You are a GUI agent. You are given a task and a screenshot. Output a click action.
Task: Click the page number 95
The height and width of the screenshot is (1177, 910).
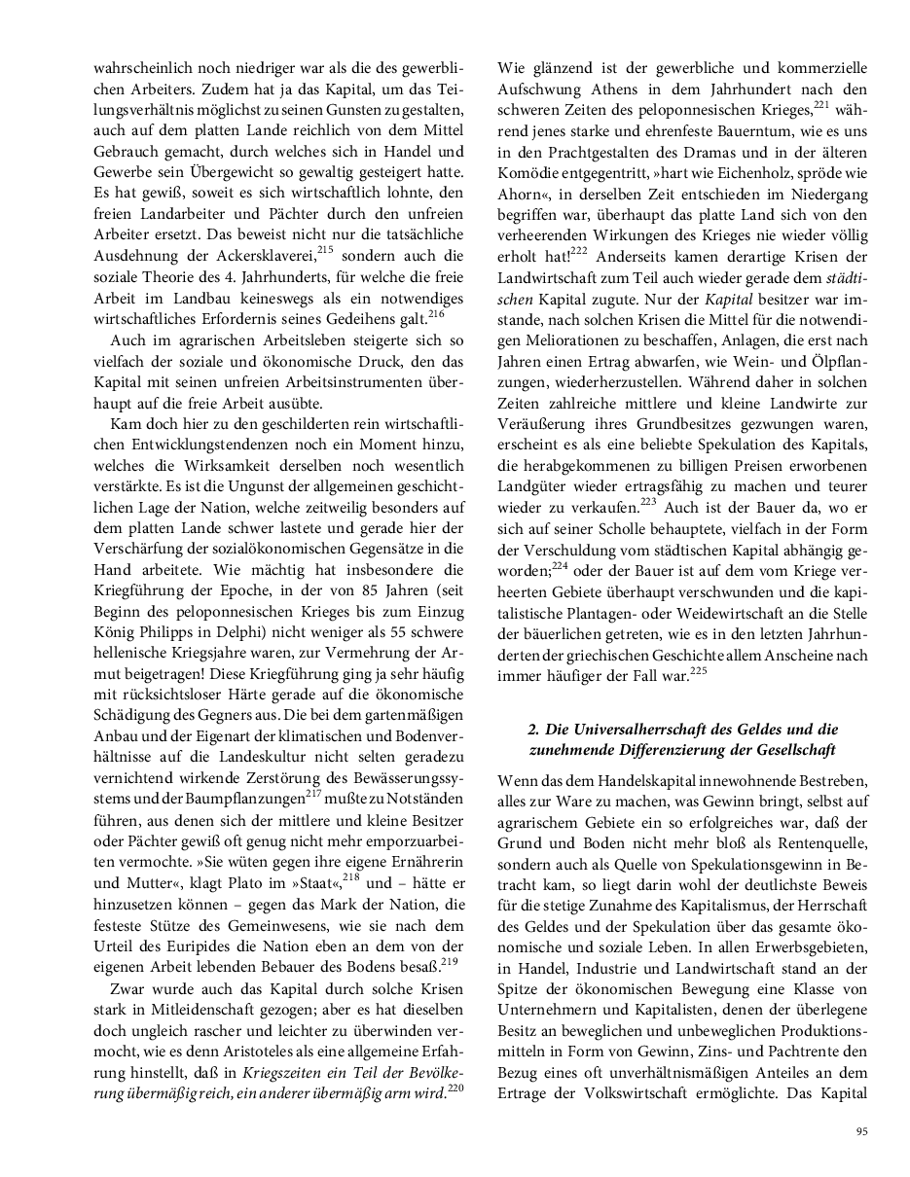tap(861, 1130)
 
